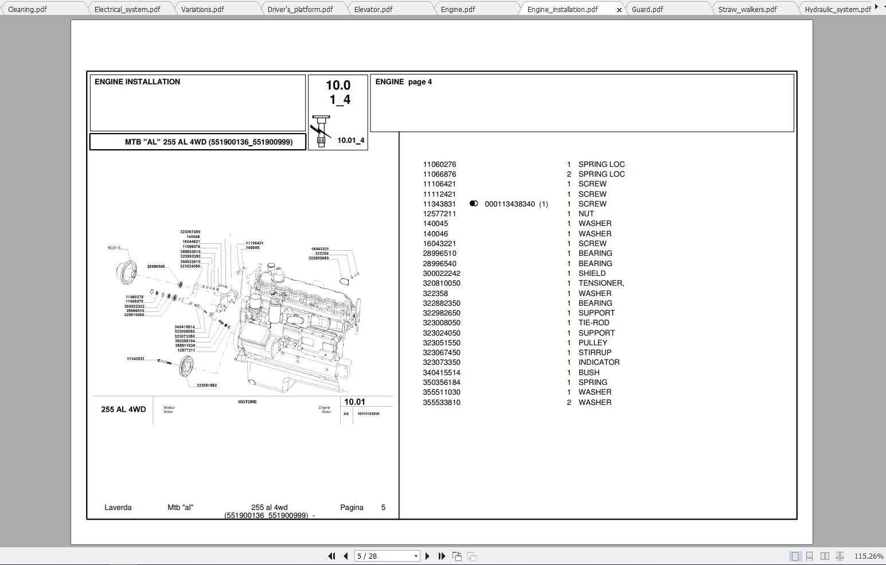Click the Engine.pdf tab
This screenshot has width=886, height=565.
458,9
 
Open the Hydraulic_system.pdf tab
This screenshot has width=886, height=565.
837,9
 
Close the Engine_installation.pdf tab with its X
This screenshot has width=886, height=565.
619,10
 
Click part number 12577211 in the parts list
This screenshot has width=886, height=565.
439,214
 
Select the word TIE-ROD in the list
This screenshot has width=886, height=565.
594,323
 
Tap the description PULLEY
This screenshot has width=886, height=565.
592,343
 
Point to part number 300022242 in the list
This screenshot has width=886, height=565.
442,274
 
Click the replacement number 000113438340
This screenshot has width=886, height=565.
510,204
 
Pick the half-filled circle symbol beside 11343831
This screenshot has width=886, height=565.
474,204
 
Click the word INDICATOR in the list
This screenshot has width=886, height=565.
599,363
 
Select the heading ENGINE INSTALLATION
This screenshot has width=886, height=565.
137,82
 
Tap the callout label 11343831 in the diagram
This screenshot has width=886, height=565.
135,359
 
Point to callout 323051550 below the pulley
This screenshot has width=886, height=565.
206,385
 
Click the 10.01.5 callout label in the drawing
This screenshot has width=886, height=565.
114,248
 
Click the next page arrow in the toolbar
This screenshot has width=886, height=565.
427,556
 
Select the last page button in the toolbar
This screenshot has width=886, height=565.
442,556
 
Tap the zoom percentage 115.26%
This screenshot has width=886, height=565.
868,556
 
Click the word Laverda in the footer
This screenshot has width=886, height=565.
118,508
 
